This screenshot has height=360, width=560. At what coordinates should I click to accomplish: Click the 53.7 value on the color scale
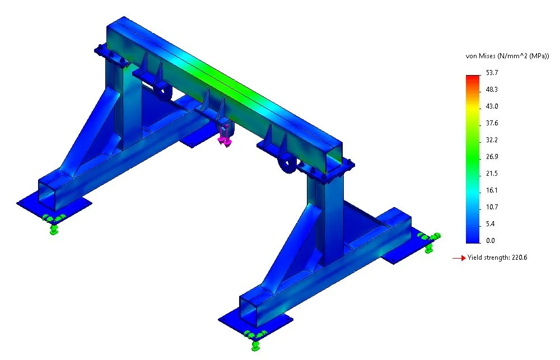[492, 73]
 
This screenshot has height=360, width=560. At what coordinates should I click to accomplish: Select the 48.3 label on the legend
[492, 90]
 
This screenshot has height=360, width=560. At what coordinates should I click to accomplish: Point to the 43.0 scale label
[492, 106]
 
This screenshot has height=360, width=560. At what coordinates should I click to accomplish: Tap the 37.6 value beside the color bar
[492, 123]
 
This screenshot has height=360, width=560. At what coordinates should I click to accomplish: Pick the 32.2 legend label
[492, 140]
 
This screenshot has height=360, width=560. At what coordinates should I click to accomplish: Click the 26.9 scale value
[492, 157]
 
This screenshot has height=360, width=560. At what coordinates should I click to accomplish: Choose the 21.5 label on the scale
[492, 174]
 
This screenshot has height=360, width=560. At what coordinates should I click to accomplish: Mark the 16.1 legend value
[492, 190]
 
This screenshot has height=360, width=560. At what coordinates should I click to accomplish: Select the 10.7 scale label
[492, 207]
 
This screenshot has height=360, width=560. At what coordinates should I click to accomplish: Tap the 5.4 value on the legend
[491, 224]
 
